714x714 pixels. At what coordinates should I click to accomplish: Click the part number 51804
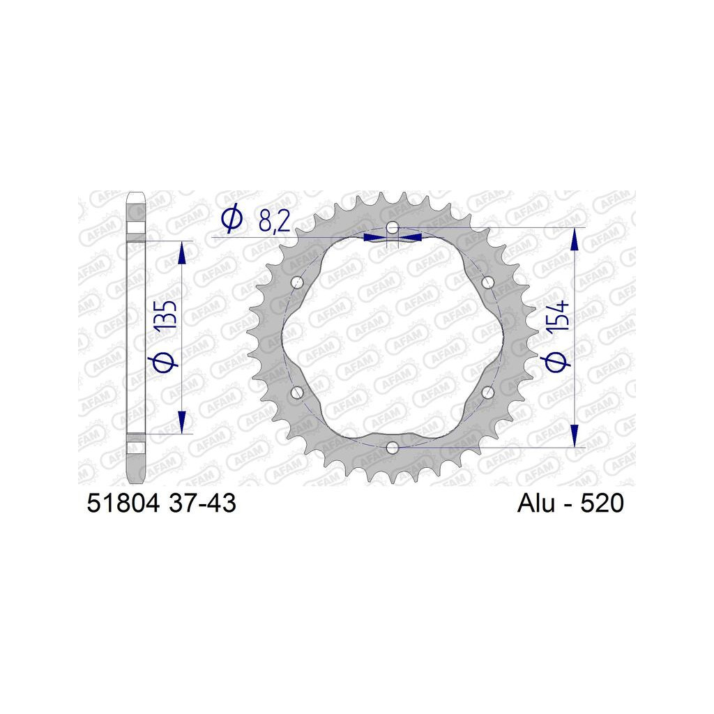pos(123,503)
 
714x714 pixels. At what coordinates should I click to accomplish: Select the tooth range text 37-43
pos(202,503)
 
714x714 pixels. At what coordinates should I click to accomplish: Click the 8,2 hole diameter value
pos(273,221)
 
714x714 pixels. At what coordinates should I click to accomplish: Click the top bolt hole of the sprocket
pos(393,227)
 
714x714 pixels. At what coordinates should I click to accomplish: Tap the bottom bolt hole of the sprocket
pos(393,448)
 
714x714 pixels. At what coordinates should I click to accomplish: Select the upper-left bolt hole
pos(297,282)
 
